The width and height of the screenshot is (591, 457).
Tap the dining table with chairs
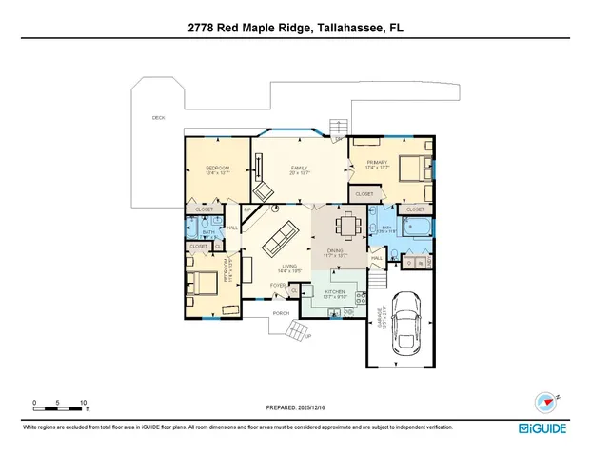347,226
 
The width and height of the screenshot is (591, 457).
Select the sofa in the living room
281,238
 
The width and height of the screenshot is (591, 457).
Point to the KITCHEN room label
335,292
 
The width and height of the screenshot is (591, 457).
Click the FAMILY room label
299,169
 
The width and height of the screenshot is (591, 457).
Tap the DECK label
158,118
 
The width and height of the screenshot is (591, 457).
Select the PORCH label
281,312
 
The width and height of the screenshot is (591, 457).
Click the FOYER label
277,285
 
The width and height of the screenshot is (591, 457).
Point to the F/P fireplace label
247,209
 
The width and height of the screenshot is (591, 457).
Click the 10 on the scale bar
84,403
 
